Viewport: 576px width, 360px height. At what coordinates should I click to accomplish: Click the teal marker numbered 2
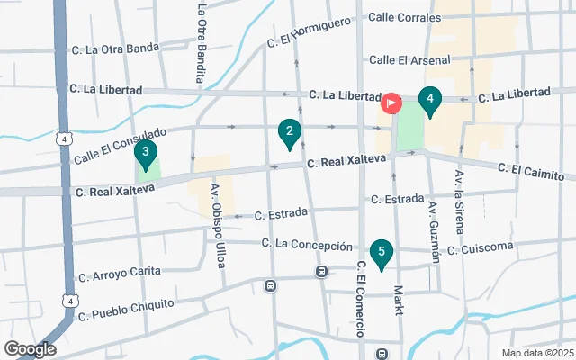click(x=289, y=135)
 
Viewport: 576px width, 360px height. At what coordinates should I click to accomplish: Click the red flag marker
click(x=392, y=103)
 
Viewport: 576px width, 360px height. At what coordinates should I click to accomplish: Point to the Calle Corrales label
click(x=405, y=17)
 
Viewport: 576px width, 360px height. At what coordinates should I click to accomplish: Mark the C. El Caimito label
click(x=535, y=170)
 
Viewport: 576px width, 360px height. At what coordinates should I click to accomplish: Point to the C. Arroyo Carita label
click(x=119, y=272)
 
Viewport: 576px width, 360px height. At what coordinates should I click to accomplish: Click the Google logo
click(x=30, y=348)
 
